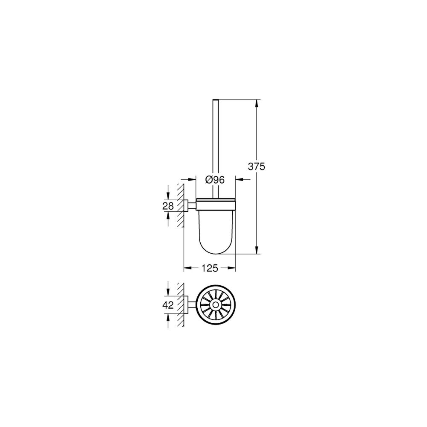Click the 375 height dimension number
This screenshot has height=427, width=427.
256,166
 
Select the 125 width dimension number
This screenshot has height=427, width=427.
210,268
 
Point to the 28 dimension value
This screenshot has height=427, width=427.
168,206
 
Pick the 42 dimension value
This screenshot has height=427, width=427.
168,305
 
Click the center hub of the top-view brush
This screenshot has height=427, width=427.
216,305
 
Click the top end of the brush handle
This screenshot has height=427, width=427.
216,99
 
